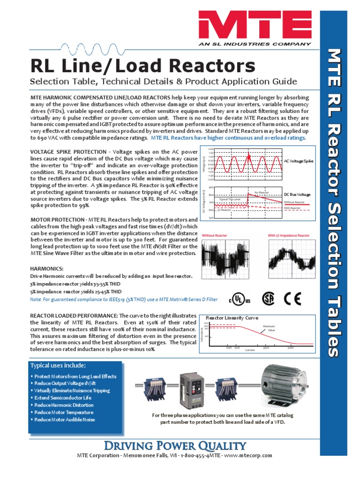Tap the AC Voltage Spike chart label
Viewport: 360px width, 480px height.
pos(299,161)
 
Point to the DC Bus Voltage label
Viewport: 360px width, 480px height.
pos(297,194)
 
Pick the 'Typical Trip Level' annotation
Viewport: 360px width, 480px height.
pos(230,199)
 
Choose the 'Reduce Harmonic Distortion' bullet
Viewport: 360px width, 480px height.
pos(64,405)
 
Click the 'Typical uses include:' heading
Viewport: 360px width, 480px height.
pos(58,365)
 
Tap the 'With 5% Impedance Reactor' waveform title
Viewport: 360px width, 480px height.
pos(289,235)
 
